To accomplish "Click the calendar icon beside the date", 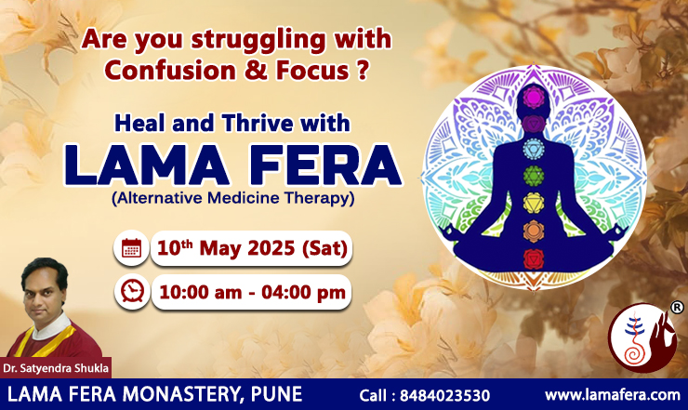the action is [x=131, y=248].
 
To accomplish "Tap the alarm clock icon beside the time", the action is [x=132, y=292].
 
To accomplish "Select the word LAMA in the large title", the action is [x=147, y=165].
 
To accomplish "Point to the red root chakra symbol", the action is [x=534, y=259].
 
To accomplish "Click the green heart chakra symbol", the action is [x=534, y=176].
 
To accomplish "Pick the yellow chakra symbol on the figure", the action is [x=534, y=204].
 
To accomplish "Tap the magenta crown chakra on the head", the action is [x=534, y=97].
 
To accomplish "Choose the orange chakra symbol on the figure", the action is [x=534, y=231].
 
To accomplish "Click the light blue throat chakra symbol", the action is [x=534, y=149].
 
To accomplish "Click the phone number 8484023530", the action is [x=445, y=395].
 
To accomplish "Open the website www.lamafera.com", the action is [x=612, y=394].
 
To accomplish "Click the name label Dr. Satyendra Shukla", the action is [x=56, y=368].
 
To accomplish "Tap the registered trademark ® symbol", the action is [x=677, y=307].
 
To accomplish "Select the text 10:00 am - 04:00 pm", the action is [x=252, y=292].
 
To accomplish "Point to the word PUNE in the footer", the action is [x=276, y=394].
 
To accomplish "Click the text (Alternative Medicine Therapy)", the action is [x=233, y=198].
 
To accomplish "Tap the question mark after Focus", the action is [x=362, y=71].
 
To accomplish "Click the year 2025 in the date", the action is [x=271, y=248].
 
